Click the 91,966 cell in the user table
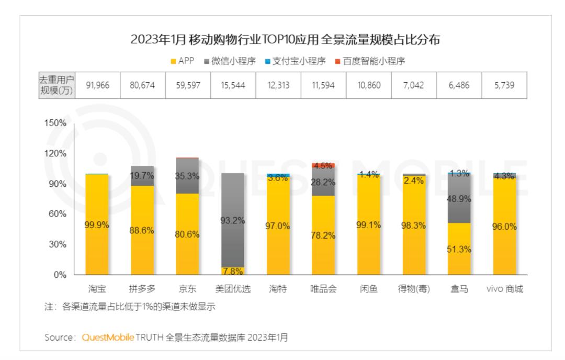97,85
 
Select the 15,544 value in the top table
233,85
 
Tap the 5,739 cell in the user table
504,85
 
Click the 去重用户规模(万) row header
56,85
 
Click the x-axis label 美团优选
233,289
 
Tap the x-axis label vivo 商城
504,289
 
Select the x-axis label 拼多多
142,289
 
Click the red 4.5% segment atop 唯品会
323,165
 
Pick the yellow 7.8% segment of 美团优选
233,271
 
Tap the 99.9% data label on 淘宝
97,225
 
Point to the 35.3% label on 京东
187,176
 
